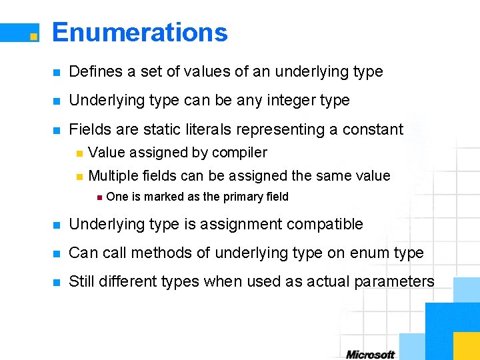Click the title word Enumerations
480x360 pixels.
coord(140,32)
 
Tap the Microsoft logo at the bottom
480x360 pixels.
coord(370,354)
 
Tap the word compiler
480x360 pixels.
coord(239,153)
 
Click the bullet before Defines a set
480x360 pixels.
coord(57,72)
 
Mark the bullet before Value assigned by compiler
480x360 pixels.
coord(79,153)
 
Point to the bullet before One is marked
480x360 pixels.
coord(99,197)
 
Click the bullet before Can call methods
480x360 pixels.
coord(57,253)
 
